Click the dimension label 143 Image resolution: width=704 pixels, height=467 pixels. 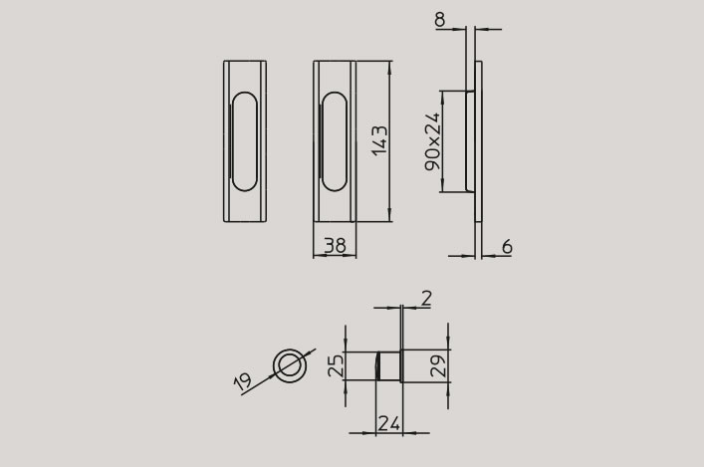[379, 140]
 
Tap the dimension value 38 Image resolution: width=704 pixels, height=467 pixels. [336, 246]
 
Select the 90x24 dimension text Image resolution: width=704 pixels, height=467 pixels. [433, 141]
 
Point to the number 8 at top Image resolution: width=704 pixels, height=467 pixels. [440, 20]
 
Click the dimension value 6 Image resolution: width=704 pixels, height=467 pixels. [507, 247]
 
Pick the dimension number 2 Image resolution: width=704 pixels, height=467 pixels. [426, 299]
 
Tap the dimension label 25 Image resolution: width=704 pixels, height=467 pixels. [336, 365]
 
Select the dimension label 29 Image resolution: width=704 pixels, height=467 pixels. [438, 365]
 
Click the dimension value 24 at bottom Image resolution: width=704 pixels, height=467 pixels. [388, 423]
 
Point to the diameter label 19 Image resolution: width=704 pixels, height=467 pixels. [243, 381]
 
